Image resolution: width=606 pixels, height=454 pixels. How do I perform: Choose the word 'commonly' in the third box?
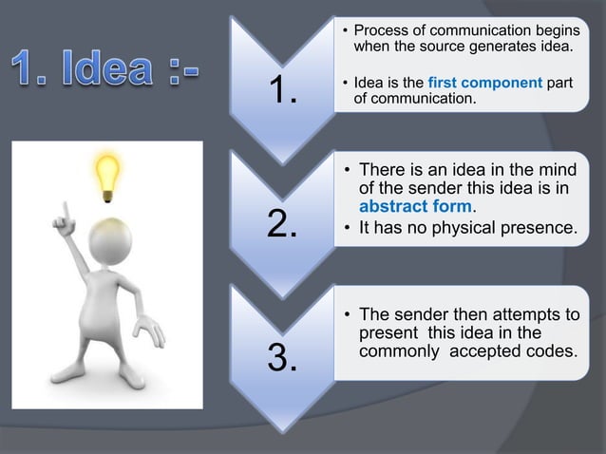point(397,350)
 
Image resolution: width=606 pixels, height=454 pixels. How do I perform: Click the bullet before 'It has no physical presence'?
point(347,229)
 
